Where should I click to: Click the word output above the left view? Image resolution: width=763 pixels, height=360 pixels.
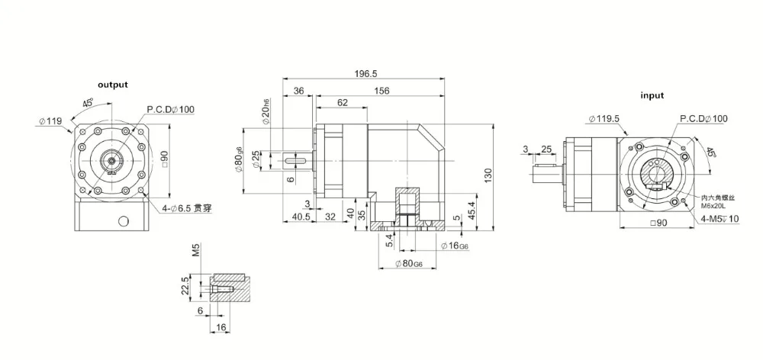112,85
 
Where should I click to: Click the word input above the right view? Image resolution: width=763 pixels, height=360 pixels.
652,95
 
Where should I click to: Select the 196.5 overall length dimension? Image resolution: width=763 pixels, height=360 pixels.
366,73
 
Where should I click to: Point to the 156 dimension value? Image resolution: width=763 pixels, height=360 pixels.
381,91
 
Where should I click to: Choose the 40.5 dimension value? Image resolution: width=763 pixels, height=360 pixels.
300,217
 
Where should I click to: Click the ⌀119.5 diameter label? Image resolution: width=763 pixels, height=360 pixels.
604,118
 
